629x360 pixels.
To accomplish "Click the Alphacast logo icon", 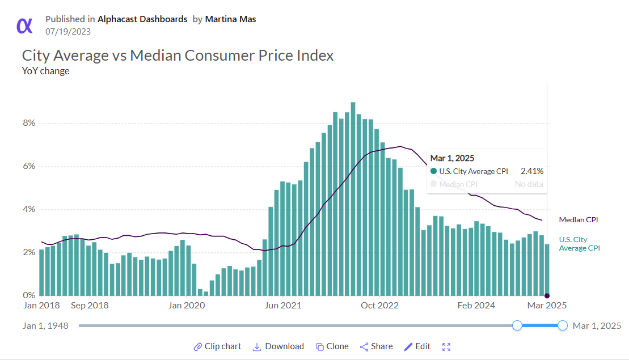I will point(24,26).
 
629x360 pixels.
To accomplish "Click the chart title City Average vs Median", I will point(178,56).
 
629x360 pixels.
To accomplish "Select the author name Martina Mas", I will point(230,19).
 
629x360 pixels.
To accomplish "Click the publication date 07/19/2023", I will point(68,32).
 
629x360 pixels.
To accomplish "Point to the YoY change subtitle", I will point(45,71).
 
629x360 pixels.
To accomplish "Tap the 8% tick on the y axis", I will point(29,123).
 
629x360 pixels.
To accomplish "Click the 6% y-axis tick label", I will point(29,166).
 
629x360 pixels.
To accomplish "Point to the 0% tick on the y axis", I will point(29,295).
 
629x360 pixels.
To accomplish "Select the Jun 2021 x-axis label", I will point(283,306).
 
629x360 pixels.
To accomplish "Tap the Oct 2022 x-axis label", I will point(380,306).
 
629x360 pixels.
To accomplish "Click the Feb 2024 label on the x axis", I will point(476,306).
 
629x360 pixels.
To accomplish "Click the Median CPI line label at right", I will point(579,220).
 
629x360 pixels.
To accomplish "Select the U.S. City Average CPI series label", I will point(579,244).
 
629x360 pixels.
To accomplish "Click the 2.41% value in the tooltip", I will point(531,171).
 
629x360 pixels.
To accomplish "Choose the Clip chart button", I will point(217,346).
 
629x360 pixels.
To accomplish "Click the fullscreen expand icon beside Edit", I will point(446,347).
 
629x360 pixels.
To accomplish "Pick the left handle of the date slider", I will point(517,325).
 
